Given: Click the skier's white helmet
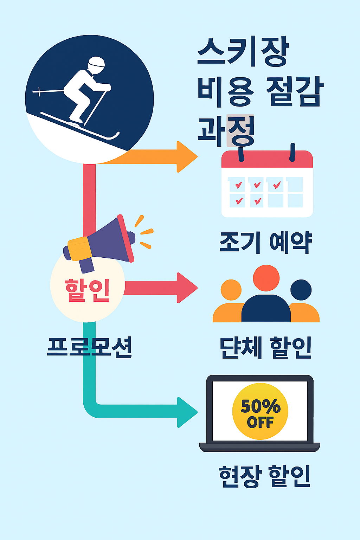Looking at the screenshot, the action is coord(96,65).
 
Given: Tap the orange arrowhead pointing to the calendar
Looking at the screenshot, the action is coord(187,157).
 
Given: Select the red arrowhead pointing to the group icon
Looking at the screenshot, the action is coord(187,288).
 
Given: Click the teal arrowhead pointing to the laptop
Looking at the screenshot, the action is coord(187,412).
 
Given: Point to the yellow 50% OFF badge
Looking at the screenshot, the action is coord(260,411).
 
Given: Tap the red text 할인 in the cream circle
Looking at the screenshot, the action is coord(87,290).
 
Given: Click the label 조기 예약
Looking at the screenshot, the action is coord(266,242).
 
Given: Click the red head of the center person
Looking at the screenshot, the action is coord(266,278).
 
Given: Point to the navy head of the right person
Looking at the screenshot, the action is coord(301,290).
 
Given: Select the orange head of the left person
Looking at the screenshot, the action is coord(231,290).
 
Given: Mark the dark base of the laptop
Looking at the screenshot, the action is coord(259,447).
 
